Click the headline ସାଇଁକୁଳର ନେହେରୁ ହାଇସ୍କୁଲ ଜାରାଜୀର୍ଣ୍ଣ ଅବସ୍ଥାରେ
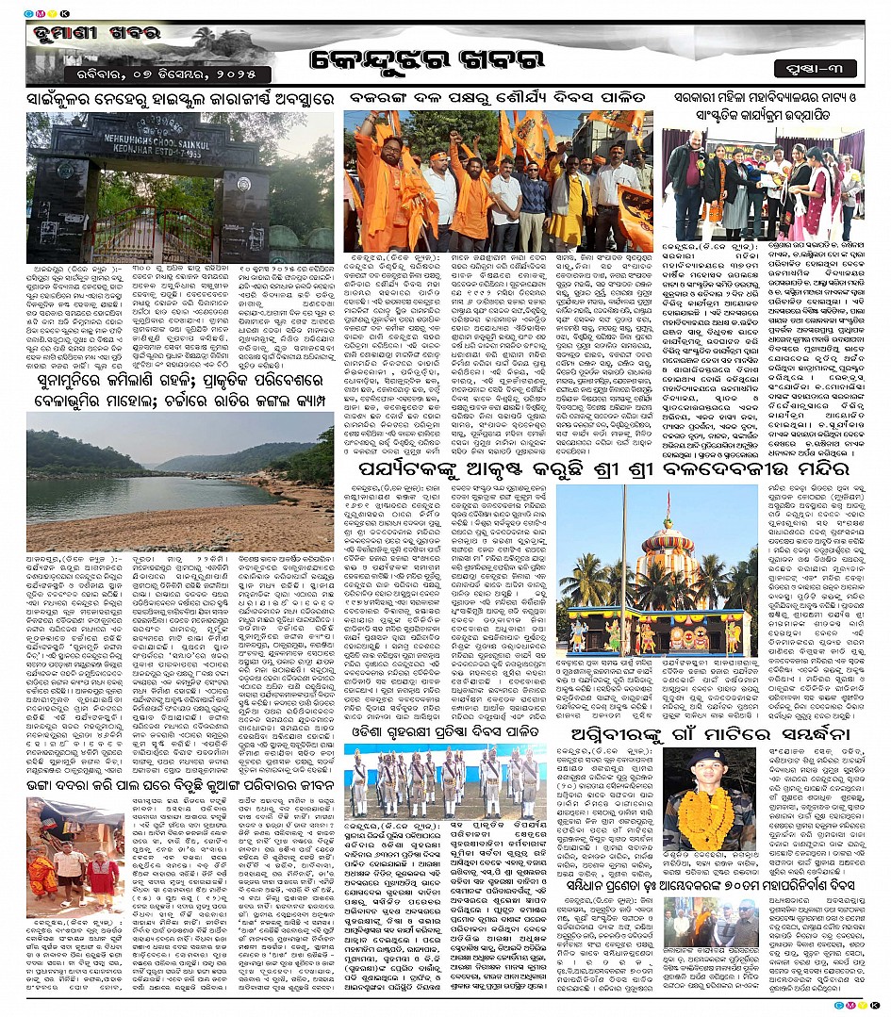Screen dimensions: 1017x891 [180, 97]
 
